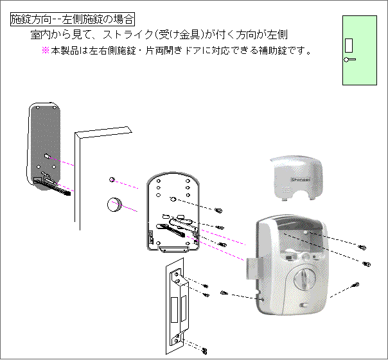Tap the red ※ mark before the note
(45, 51)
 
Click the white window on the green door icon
(349, 46)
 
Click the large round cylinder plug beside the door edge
(114, 205)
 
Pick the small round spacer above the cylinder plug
(112, 180)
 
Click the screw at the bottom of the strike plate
(204, 350)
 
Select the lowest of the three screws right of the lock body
(356, 284)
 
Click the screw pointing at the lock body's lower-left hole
(224, 293)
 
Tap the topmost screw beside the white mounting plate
(218, 210)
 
